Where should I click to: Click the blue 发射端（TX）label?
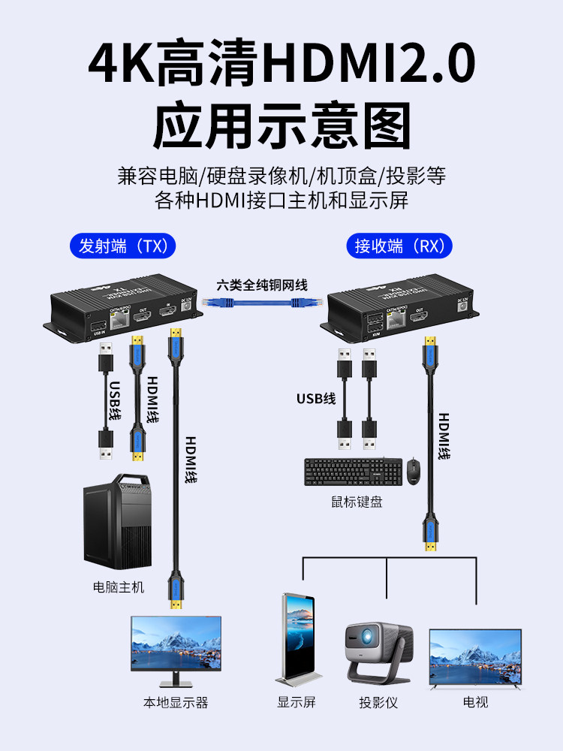click(122, 246)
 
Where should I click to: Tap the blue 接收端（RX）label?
click(399, 246)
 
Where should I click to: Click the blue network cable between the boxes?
click(261, 303)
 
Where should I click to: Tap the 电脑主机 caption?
click(118, 587)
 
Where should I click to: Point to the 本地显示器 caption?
click(176, 703)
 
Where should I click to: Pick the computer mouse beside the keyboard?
click(414, 471)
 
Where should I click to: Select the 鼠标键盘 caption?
click(357, 502)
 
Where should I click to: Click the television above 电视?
click(475, 658)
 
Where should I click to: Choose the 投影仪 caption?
click(378, 703)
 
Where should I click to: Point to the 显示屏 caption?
click(297, 703)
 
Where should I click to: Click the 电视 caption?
click(475, 703)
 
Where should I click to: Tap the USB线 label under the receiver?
click(316, 398)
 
